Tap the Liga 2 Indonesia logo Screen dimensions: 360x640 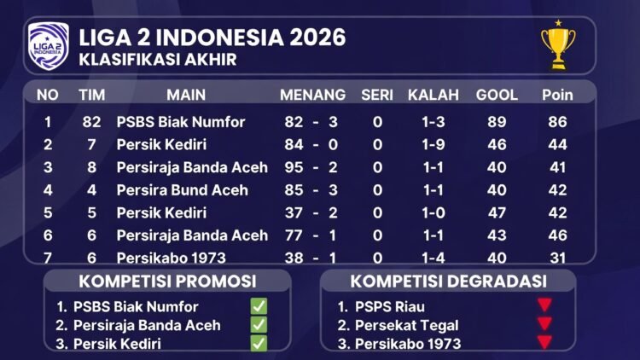(x=48, y=46)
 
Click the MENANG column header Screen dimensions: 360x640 (x=312, y=94)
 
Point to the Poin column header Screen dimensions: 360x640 (x=557, y=94)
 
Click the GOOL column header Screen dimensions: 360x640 (x=497, y=94)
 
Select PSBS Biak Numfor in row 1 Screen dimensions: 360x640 (x=180, y=122)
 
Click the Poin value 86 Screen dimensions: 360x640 (x=557, y=122)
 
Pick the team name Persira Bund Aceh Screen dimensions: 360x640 (x=182, y=189)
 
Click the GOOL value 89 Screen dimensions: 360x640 (x=497, y=122)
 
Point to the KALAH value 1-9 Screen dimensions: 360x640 (x=433, y=145)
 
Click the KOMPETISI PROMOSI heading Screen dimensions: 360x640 (x=167, y=281)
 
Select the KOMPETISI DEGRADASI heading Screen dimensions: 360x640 (x=449, y=281)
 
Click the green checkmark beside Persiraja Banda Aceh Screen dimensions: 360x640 (x=259, y=325)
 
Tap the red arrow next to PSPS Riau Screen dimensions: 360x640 (x=544, y=305)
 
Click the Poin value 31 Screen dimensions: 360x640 (x=557, y=257)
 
